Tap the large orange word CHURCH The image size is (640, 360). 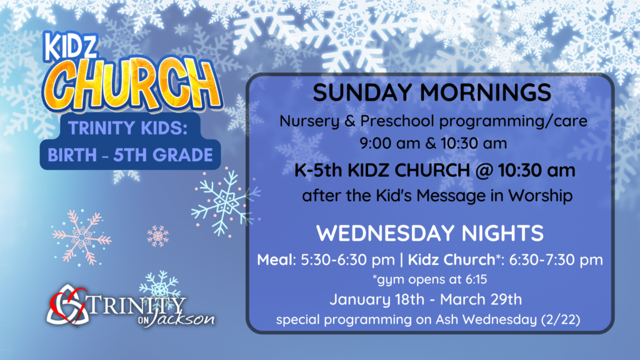coord(132,85)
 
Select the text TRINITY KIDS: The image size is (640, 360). coord(128,127)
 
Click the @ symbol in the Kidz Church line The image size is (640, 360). coord(484,171)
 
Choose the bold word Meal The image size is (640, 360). coord(275,259)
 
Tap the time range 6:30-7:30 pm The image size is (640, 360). coord(556,260)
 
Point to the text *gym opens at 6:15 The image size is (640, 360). coord(430,279)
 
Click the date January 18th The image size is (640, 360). coord(377,299)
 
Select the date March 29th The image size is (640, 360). coord(481,299)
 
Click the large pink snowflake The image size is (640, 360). coord(81,236)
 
